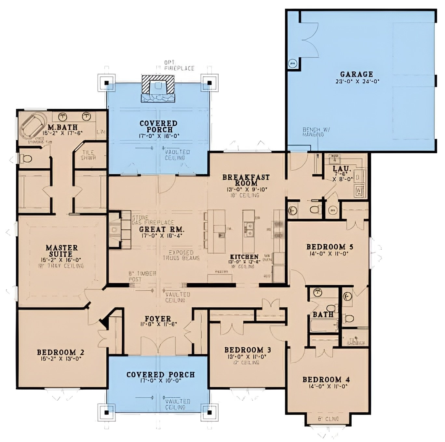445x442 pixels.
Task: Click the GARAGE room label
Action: [357, 74]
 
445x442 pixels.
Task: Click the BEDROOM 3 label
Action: [248, 350]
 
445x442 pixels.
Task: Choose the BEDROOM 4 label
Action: [326, 380]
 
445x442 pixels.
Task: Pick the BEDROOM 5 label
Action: [330, 247]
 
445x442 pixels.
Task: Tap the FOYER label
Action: [157, 319]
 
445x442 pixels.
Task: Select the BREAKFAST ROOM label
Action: [246, 180]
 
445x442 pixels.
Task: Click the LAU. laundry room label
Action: [342, 169]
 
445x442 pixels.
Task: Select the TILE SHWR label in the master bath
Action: [88, 155]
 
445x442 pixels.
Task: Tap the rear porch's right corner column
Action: [209, 83]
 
